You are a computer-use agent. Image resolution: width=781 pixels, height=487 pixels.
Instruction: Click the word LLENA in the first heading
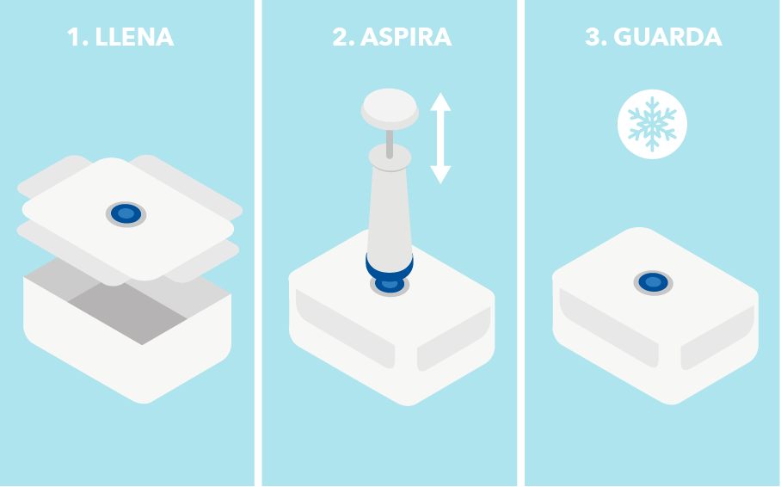[134, 37]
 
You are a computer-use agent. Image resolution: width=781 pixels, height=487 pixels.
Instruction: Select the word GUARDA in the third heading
[667, 37]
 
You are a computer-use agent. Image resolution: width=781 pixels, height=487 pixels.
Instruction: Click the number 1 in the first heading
[73, 37]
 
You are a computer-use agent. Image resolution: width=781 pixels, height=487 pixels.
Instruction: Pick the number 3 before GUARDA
[593, 37]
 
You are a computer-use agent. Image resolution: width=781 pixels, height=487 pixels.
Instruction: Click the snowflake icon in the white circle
[652, 124]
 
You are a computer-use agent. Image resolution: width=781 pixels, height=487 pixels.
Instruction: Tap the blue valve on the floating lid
[126, 214]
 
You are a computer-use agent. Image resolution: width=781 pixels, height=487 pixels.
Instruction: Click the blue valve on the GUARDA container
[653, 282]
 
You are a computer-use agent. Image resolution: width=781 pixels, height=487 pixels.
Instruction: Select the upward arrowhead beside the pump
[440, 102]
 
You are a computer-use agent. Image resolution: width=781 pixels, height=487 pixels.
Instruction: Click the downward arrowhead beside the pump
[440, 175]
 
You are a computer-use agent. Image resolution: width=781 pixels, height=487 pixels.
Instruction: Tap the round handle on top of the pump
[390, 108]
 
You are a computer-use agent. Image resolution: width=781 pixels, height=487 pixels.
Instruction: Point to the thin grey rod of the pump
[390, 144]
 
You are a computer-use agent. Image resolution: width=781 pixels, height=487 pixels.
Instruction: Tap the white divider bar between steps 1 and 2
[258, 243]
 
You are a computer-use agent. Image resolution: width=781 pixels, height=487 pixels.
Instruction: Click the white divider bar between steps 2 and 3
[520, 243]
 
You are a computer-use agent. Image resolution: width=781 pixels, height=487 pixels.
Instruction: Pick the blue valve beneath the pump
[390, 286]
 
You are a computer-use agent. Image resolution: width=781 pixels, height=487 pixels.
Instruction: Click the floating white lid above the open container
[128, 219]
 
